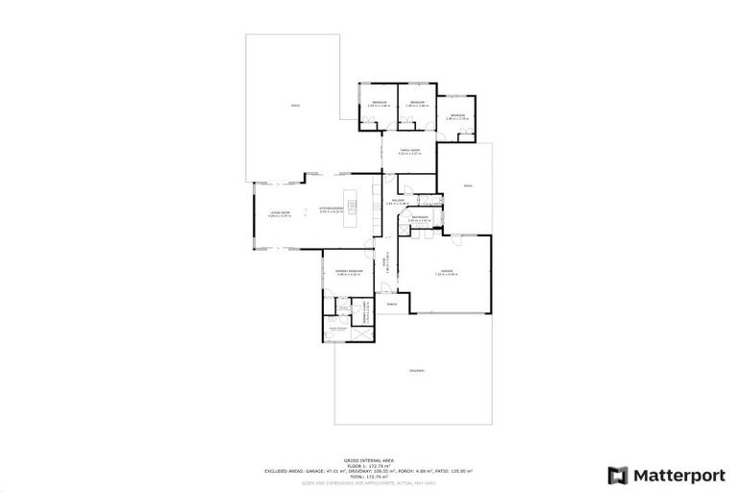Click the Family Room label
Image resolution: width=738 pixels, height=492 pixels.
tap(410, 150)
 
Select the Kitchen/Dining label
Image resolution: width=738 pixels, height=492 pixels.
tap(331, 208)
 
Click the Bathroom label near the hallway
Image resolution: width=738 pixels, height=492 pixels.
tap(420, 218)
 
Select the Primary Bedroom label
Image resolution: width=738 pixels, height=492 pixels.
tap(348, 271)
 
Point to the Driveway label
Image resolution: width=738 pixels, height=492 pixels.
tap(416, 370)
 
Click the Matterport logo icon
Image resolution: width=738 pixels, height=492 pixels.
tap(618, 475)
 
